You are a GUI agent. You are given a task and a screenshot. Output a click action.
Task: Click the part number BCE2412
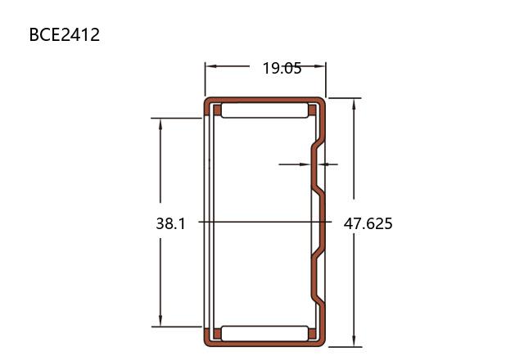coord(65,34)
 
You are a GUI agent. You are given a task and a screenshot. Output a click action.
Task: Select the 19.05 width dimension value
coord(282,68)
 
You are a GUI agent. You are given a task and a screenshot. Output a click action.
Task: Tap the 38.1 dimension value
coord(170,223)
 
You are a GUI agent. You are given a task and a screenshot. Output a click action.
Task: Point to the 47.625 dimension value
coord(368,223)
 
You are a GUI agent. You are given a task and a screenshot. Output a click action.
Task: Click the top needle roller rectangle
coord(264,110)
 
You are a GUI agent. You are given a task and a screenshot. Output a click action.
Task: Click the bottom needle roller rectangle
coord(264,333)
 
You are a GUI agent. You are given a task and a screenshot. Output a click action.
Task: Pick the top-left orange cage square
coord(217,110)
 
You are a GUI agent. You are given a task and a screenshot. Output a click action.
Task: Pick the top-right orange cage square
coord(312,110)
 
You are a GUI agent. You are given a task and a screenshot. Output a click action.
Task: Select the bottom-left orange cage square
coord(217,334)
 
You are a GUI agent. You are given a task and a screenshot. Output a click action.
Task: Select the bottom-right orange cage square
coord(312,334)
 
